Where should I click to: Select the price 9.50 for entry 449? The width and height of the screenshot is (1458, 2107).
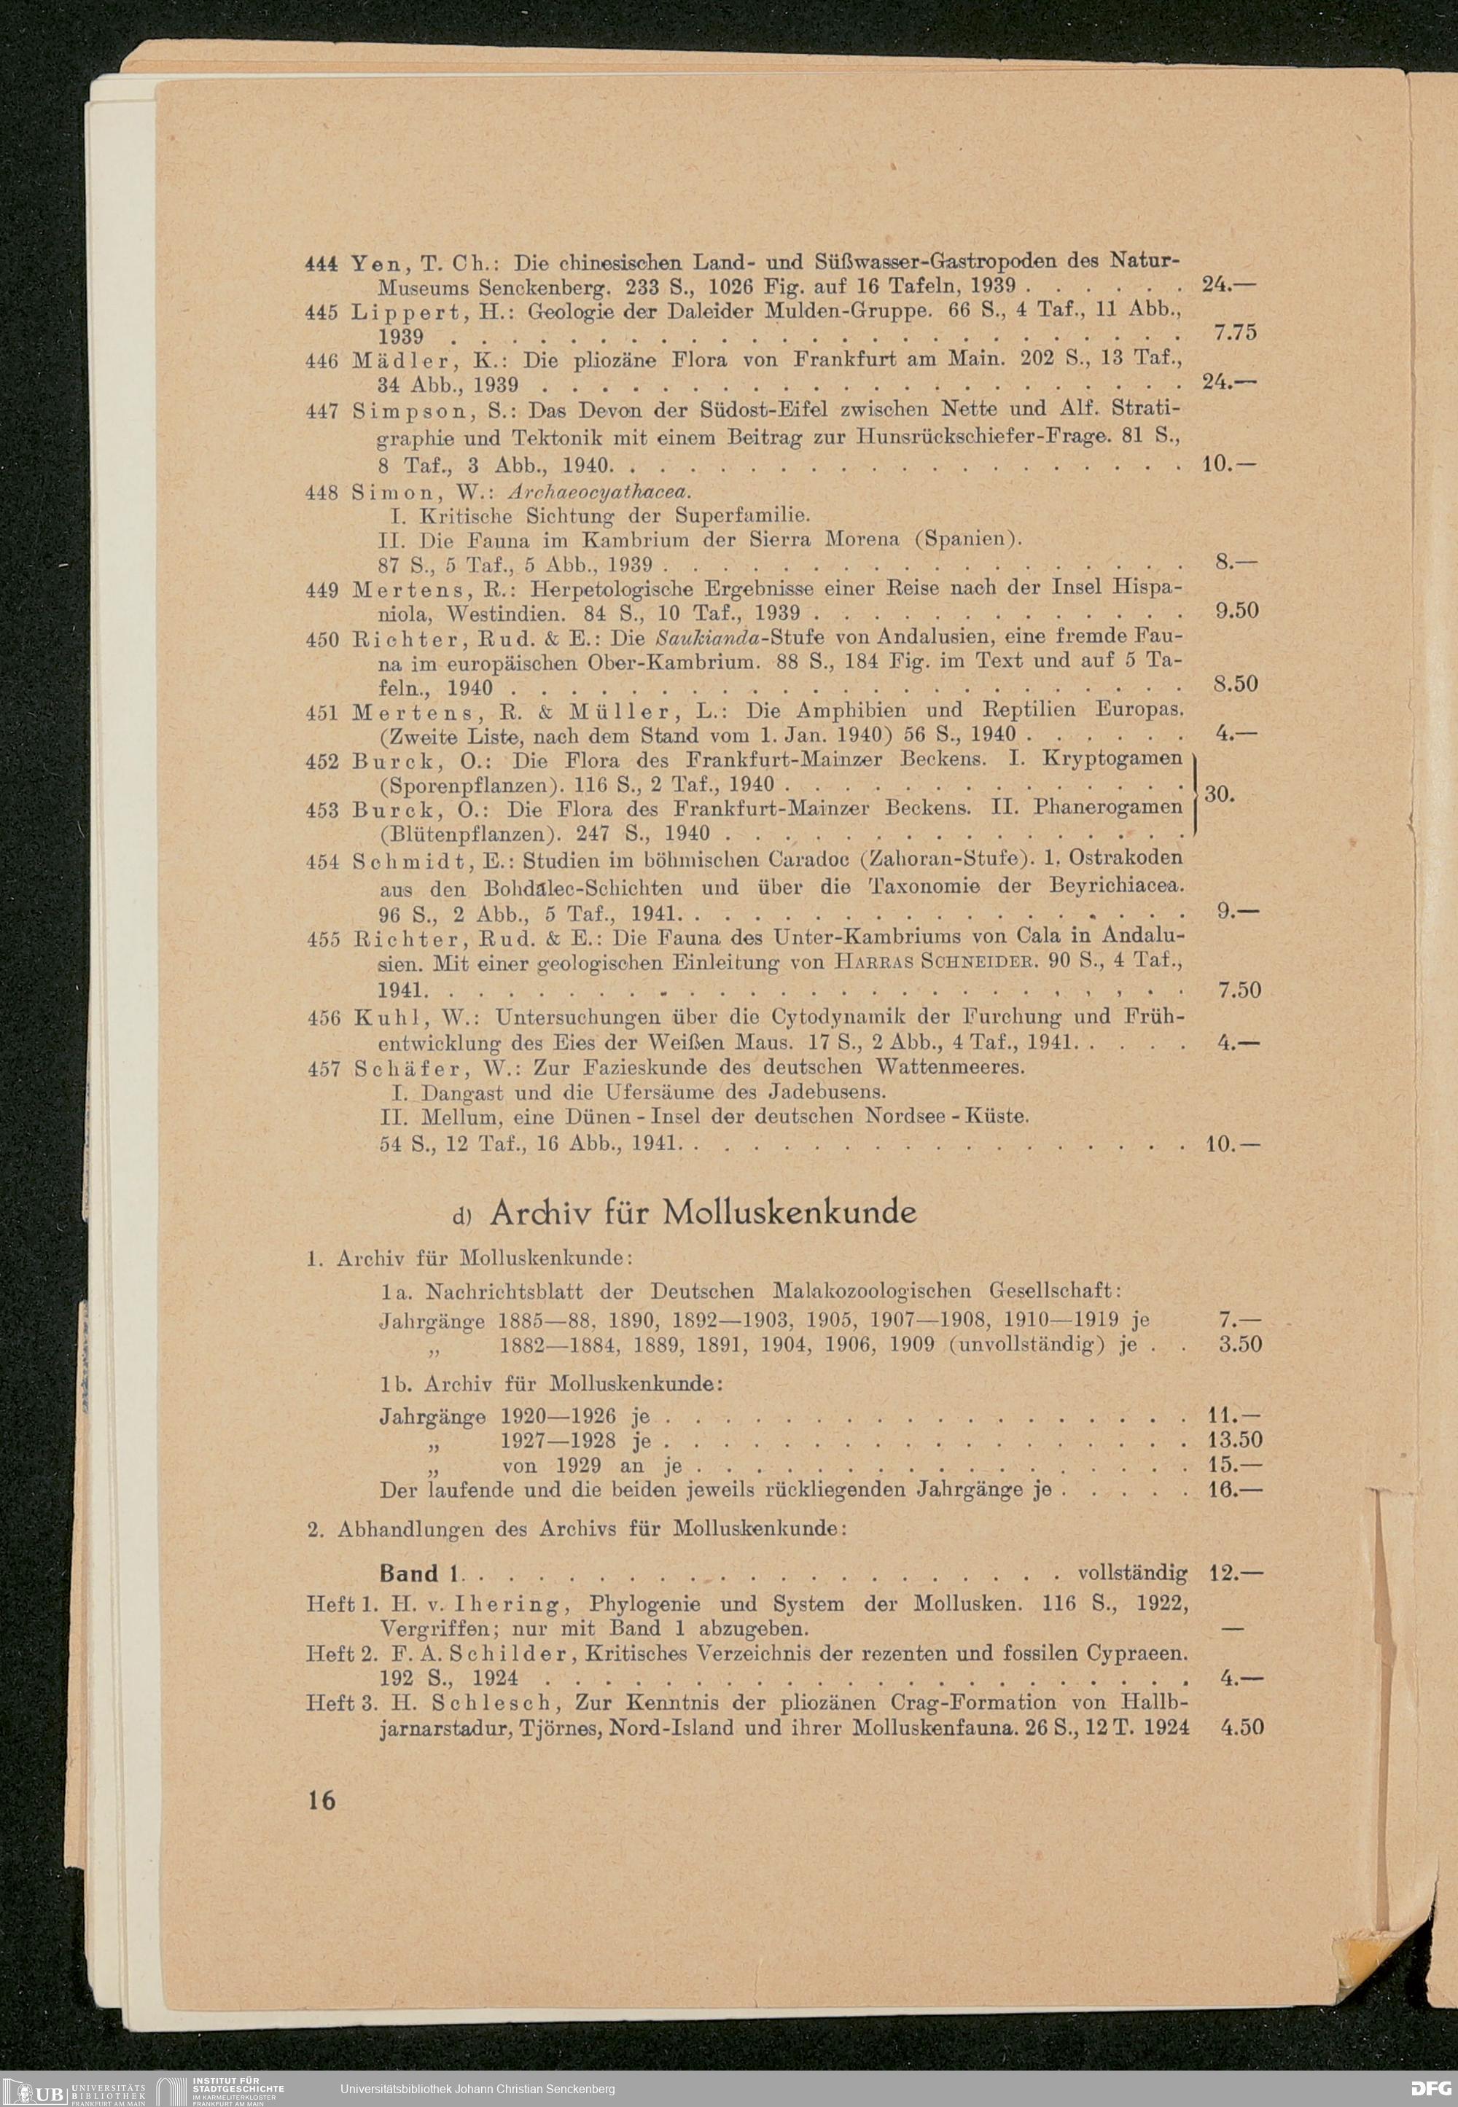(1239, 610)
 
